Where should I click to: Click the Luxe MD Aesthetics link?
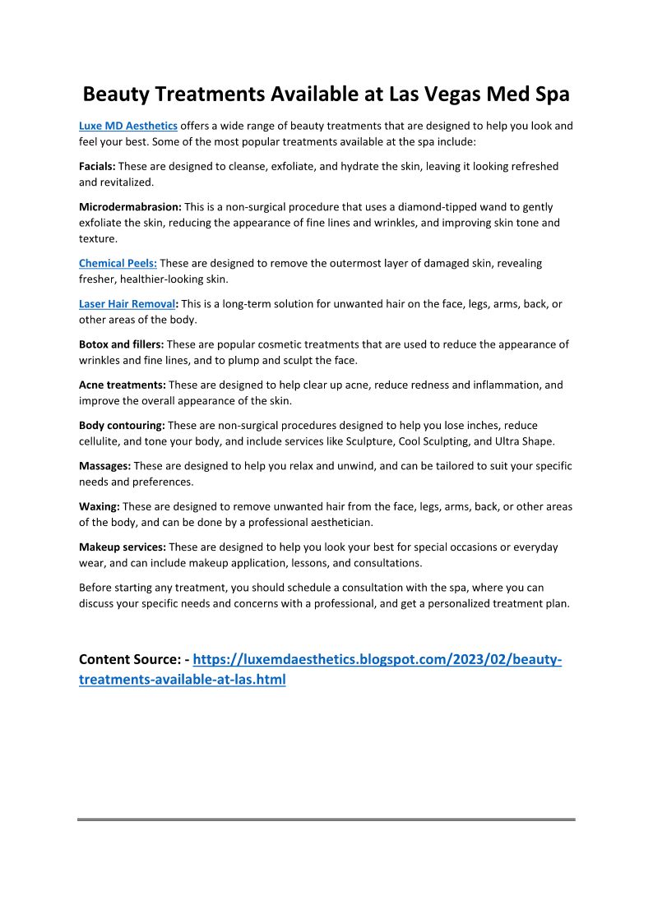pos(128,126)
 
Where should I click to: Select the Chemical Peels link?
pos(118,263)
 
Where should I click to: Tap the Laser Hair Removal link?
pos(127,303)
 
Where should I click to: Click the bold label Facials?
pos(96,166)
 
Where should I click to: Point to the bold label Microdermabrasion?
pos(130,207)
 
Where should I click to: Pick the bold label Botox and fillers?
pos(121,344)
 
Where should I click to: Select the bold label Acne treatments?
pos(122,385)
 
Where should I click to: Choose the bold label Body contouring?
pos(122,425)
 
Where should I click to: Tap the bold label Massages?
pos(104,466)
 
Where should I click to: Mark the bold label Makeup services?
pos(123,547)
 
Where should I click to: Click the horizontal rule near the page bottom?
pos(326,819)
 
